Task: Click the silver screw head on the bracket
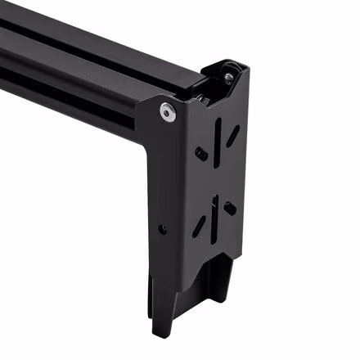(x=167, y=113)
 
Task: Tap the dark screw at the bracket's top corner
(x=228, y=77)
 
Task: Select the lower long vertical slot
(x=214, y=217)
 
